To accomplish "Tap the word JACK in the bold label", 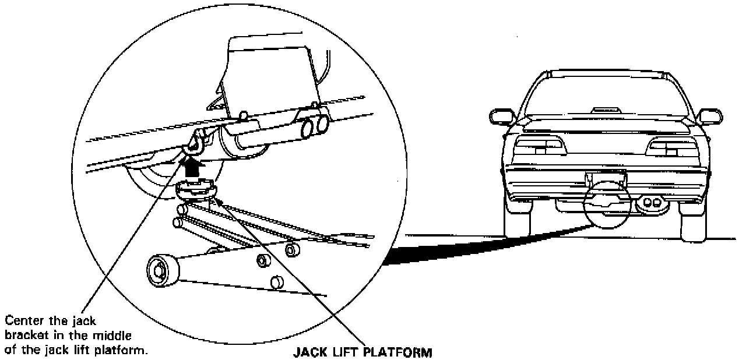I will pyautogui.click(x=307, y=352).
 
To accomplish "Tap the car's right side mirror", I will pyautogui.click(x=710, y=115).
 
